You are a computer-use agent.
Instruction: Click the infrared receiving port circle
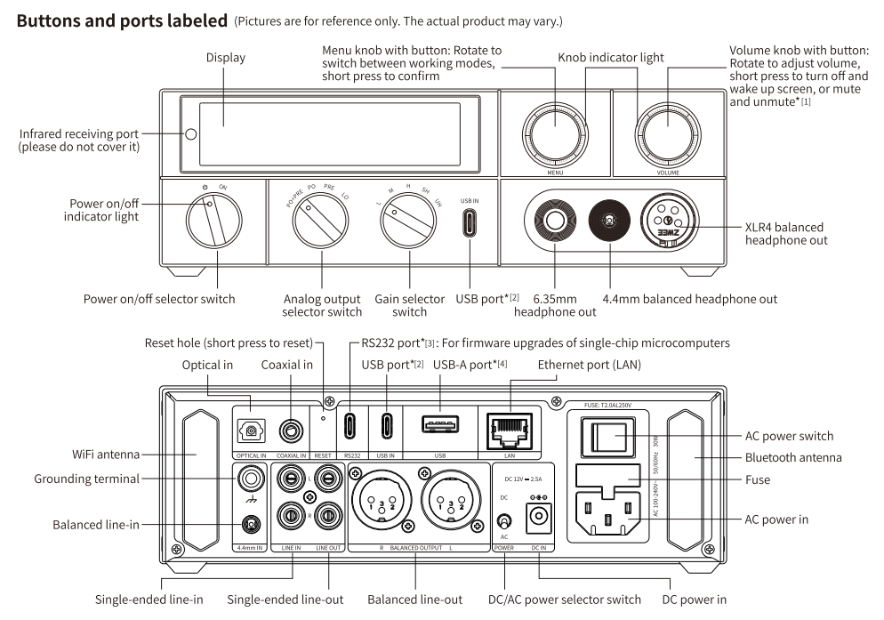[190, 135]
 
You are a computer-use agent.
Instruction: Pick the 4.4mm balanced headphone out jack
[610, 220]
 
